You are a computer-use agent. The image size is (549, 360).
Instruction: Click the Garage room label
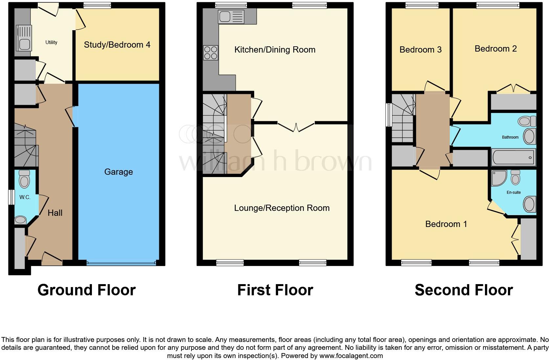119,172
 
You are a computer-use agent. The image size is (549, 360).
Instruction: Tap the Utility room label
51,42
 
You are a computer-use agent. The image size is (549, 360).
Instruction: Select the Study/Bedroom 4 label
117,45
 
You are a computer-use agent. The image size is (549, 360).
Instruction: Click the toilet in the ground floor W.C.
24,179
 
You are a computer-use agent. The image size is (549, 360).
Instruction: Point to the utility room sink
24,44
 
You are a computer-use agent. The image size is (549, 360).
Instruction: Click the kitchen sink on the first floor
225,16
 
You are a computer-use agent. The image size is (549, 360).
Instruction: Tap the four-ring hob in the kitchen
210,53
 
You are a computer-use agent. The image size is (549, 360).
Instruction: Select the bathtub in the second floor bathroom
513,158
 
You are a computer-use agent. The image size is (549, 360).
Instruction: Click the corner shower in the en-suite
499,178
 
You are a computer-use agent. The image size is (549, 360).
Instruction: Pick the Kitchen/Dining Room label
275,50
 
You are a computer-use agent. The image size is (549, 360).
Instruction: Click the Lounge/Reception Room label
282,208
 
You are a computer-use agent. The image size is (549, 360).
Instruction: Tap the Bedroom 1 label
446,224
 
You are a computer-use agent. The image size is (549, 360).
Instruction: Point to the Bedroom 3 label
420,50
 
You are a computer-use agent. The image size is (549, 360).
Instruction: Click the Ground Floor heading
86,290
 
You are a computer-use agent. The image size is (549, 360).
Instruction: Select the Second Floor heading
464,290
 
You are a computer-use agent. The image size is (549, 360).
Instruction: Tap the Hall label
55,213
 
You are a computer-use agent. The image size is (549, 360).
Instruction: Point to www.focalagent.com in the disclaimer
351,355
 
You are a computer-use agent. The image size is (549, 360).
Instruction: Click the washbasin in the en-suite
529,204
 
